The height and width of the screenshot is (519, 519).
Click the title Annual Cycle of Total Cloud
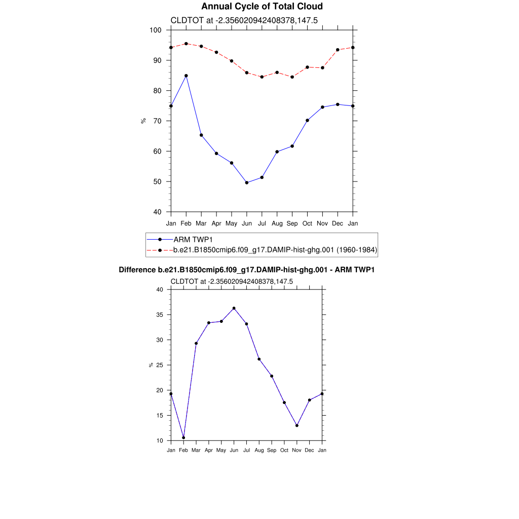tap(262, 7)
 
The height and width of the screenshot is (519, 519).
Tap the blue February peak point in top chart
tap(186, 76)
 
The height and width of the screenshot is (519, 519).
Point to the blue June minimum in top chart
tap(247, 182)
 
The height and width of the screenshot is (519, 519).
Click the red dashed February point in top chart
tap(186, 44)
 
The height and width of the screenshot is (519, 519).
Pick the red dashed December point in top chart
tap(338, 50)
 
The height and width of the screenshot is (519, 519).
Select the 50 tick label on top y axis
tap(157, 181)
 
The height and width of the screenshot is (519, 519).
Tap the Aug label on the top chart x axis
tap(277, 223)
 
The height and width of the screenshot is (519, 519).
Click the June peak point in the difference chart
tap(234, 308)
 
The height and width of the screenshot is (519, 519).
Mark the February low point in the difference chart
tap(183, 437)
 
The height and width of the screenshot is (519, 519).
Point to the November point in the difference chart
tap(297, 425)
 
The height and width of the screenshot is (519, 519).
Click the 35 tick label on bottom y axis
tap(160, 315)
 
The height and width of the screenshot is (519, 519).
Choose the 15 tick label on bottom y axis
tap(160, 416)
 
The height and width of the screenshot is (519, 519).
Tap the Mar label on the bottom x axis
tap(196, 450)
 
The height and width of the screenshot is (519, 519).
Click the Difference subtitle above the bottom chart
tap(246, 270)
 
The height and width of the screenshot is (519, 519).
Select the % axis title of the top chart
tap(143, 121)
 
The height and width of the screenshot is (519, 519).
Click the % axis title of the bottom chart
tap(151, 365)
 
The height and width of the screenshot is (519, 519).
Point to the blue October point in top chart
tap(307, 121)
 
